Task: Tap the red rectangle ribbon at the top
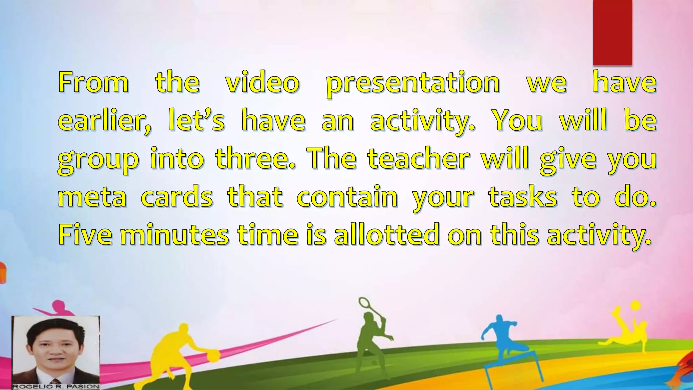click(612, 32)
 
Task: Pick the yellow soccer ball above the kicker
click(635, 305)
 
